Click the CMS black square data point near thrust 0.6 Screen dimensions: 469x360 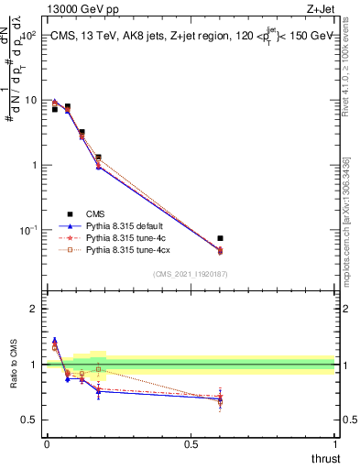coord(220,238)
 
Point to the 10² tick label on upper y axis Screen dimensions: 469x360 coord(27,36)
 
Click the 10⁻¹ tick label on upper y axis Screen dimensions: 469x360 coord(27,229)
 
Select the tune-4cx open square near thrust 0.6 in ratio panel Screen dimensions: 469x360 coord(220,401)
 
